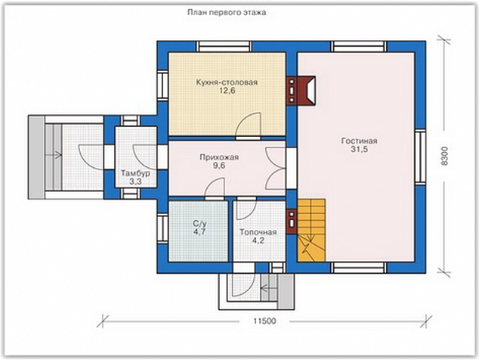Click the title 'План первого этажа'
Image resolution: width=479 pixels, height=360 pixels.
point(227,13)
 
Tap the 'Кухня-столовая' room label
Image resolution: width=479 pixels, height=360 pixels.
point(227,82)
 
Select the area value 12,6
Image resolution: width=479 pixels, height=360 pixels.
point(227,91)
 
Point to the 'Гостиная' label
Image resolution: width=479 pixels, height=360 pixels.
point(359,141)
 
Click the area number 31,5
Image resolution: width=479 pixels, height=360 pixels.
point(360,150)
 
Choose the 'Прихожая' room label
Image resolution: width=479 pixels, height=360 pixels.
point(219,157)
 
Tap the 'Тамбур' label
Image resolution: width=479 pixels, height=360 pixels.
point(135,173)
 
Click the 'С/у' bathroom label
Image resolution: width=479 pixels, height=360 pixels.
point(199,224)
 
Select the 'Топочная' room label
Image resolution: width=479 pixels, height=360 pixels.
point(258,232)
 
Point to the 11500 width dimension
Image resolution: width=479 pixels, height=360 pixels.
point(264,321)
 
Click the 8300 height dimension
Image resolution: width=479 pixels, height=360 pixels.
point(445,157)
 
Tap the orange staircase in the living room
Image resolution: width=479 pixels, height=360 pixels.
point(311,231)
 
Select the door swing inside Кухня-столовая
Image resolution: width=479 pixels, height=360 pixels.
point(248,125)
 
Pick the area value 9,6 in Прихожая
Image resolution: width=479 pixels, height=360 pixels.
point(219,166)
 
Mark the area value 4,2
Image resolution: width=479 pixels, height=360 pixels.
point(258,241)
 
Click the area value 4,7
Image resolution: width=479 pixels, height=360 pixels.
point(199,232)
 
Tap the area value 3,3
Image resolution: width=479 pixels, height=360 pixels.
point(135,182)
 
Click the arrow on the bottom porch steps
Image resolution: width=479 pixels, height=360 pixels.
point(268,288)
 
